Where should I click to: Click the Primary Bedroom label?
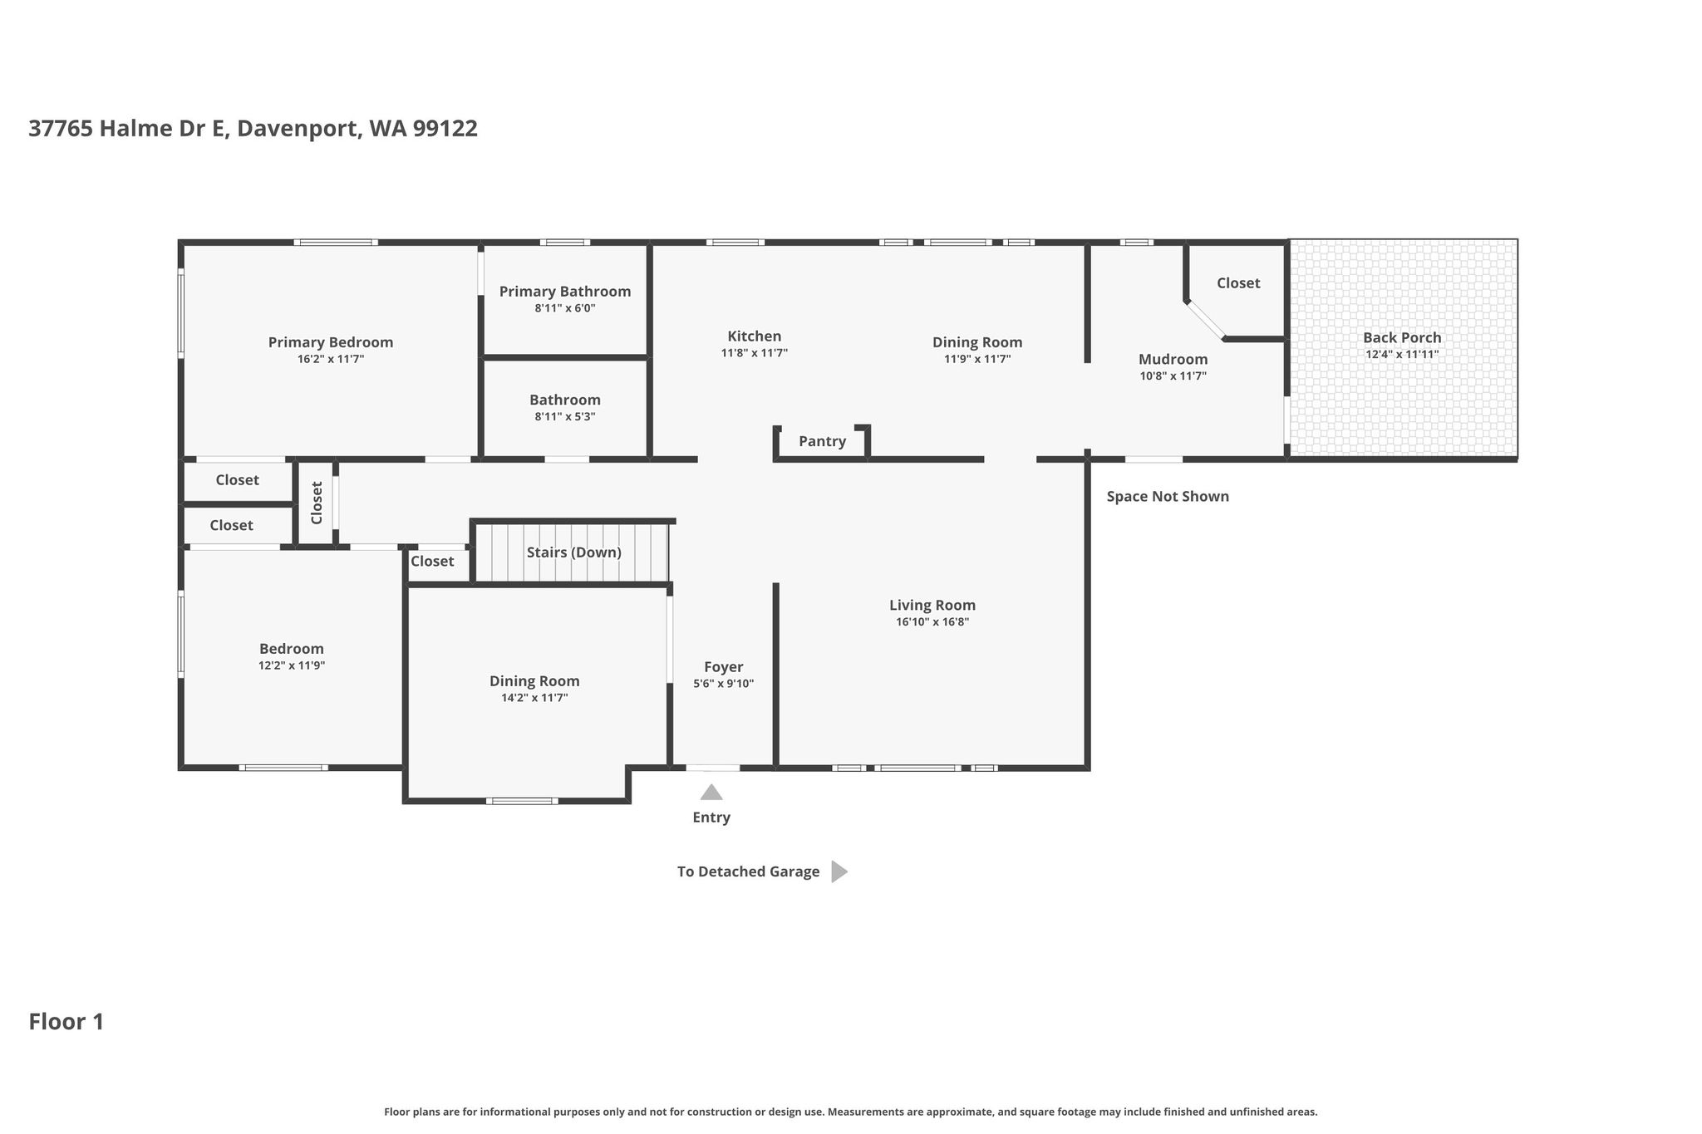[x=331, y=342]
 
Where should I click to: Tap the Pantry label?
[x=822, y=441]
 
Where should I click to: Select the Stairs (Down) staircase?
[x=573, y=552]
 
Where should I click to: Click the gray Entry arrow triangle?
[x=711, y=792]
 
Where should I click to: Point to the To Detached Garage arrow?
[x=839, y=871]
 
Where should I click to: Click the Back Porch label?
[x=1402, y=337]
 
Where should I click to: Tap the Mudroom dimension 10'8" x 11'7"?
[x=1173, y=376]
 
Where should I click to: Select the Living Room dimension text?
[x=932, y=621]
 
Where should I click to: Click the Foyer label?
[x=723, y=667]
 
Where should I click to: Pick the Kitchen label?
[x=755, y=336]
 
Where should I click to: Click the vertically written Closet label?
[x=317, y=503]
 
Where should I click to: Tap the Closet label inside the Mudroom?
[x=1238, y=283]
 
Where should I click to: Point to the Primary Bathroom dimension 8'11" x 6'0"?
[x=565, y=308]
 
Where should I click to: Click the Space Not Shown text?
[x=1168, y=497]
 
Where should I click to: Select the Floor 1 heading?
[x=66, y=1022]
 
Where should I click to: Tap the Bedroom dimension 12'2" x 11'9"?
[x=292, y=665]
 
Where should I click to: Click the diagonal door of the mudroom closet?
[x=1206, y=320]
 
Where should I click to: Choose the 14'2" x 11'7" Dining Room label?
[x=534, y=681]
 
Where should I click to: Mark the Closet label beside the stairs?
[x=432, y=562]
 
